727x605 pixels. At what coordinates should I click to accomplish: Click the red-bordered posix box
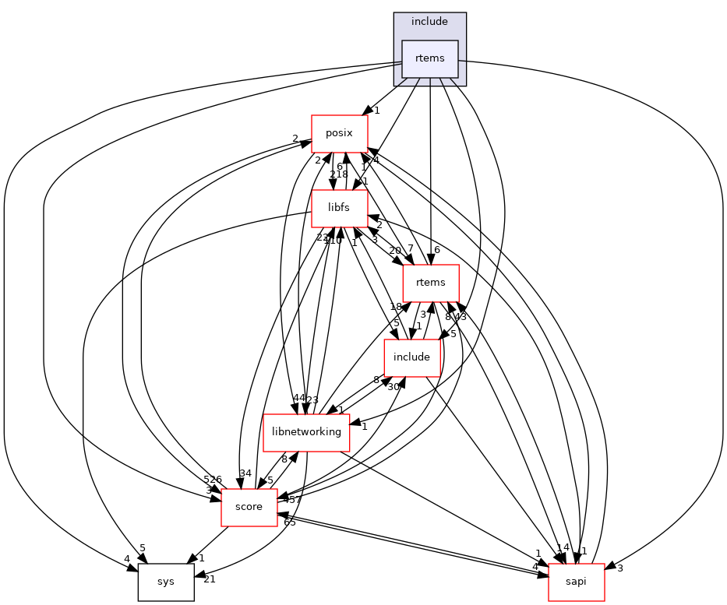point(339,133)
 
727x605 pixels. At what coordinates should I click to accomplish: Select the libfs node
point(339,207)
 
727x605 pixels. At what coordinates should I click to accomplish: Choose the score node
point(249,507)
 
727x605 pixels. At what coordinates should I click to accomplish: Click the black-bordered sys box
point(166,582)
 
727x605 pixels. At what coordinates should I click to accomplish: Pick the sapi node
point(576,582)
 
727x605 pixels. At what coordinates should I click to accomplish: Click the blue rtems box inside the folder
point(429,58)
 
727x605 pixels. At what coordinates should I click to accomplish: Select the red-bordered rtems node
point(430,283)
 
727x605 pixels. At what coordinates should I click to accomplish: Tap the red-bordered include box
point(412,357)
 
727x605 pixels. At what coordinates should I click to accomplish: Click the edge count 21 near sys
point(210,579)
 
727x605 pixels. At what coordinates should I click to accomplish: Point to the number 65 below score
point(289,522)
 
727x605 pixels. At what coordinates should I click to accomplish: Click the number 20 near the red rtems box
point(395,250)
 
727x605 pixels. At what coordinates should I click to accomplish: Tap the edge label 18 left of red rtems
point(396,308)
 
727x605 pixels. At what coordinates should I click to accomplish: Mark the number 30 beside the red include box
point(393,386)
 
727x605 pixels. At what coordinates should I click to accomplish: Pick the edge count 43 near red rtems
point(460,317)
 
